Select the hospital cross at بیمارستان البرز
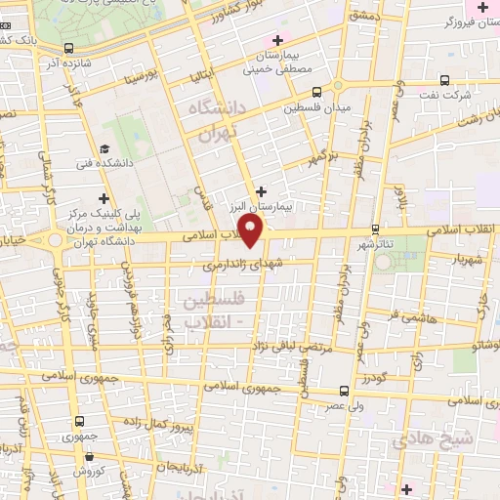(260, 191)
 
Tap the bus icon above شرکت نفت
(444, 80)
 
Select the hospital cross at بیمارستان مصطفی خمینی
(277, 39)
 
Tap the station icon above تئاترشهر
(375, 230)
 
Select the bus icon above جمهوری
(79, 422)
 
